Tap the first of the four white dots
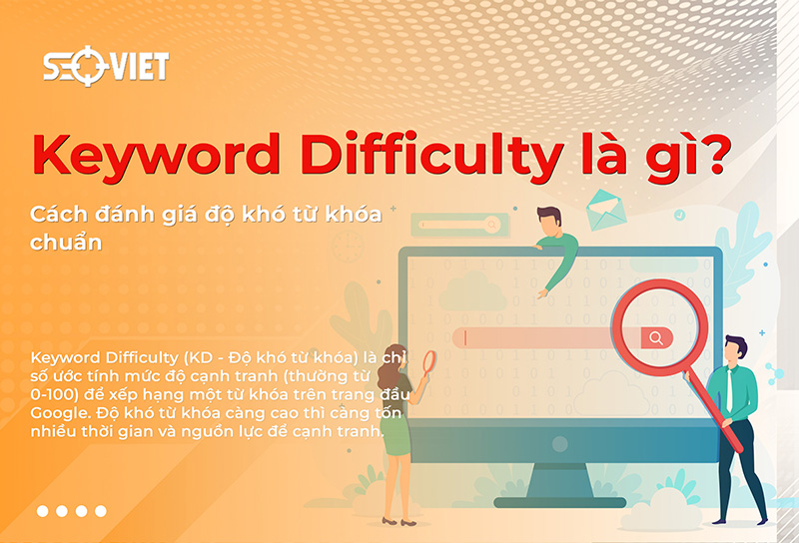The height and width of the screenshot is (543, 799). tap(43, 511)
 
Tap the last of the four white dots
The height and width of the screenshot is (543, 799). tap(100, 511)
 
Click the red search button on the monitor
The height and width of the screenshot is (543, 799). tap(656, 337)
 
